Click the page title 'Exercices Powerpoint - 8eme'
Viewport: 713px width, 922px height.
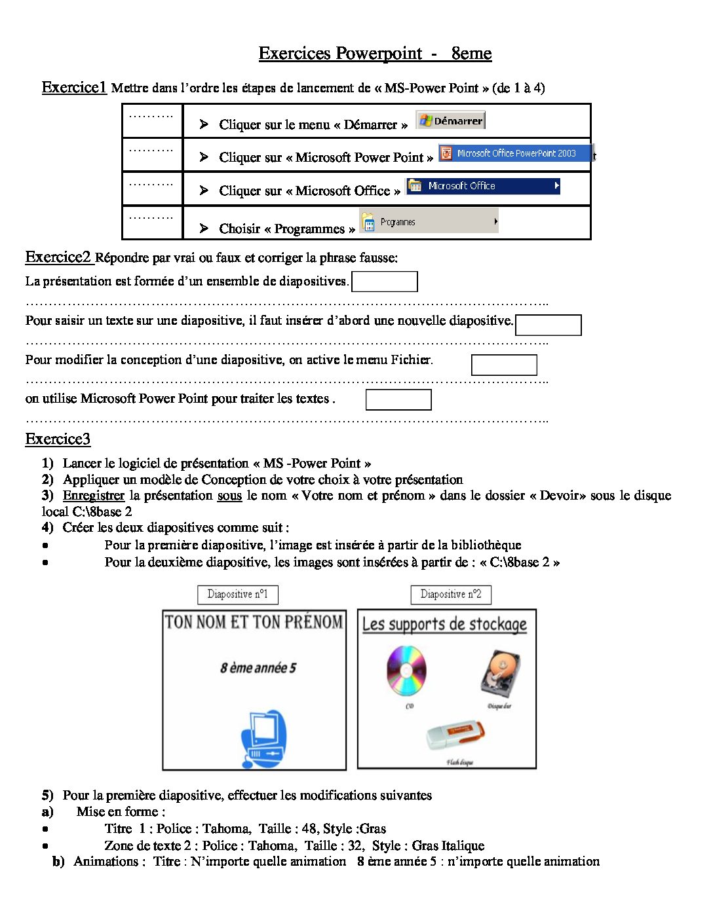(375, 53)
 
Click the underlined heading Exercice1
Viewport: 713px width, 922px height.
(74, 87)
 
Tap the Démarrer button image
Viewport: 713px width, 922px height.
(451, 120)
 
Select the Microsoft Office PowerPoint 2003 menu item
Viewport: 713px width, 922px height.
(515, 153)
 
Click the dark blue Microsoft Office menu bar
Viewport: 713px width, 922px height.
(483, 186)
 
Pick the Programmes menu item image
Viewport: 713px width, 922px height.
(429, 221)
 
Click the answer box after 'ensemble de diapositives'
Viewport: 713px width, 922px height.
(385, 282)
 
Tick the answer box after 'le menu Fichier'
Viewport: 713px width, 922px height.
(504, 365)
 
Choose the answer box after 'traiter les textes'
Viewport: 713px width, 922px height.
(398, 399)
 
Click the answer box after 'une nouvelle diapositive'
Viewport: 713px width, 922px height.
(549, 325)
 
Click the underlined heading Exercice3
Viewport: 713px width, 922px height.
(58, 439)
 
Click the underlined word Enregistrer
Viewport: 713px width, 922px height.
(94, 496)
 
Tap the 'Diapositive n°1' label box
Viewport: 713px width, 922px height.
(238, 595)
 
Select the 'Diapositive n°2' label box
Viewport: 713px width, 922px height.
(451, 595)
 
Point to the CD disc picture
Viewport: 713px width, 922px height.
(406, 671)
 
